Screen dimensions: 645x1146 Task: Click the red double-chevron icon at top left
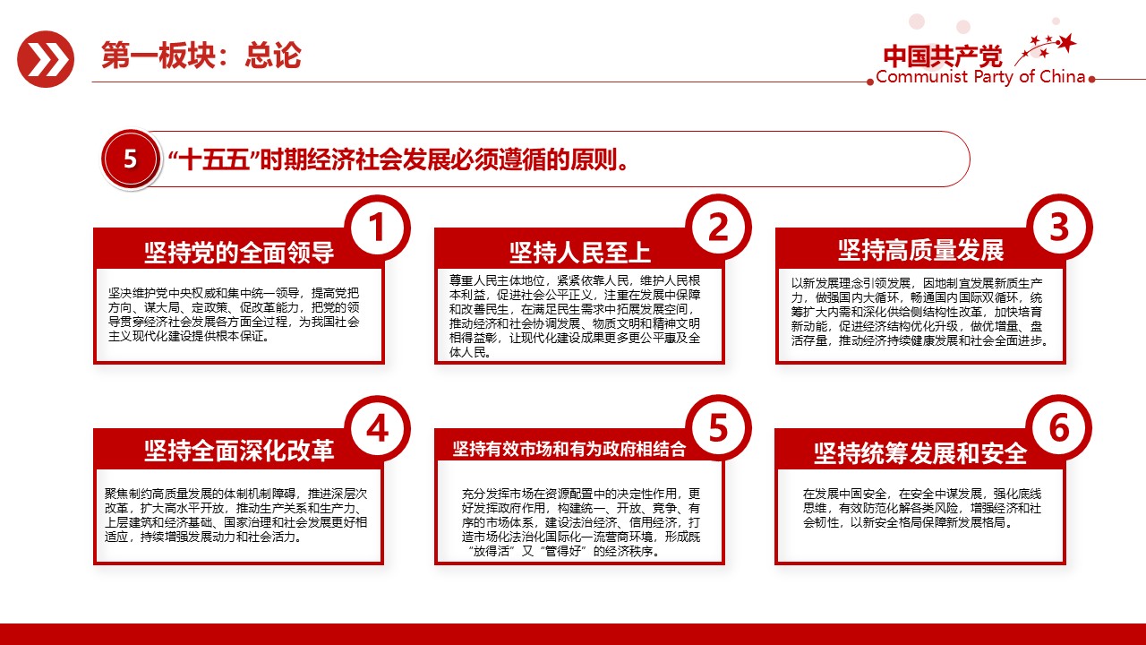coord(46,59)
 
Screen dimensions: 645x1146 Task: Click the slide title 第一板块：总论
coord(201,56)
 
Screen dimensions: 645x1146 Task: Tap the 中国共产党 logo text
coord(943,56)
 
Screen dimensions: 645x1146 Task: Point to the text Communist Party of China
coord(980,77)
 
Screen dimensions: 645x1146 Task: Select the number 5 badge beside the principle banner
coord(131,159)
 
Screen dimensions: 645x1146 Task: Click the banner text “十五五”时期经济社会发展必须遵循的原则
coord(397,160)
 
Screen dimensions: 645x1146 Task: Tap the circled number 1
coord(377,228)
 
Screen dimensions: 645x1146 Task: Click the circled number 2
coord(718,228)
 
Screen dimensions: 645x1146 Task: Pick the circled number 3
coord(1058,228)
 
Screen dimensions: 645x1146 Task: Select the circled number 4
coord(377,429)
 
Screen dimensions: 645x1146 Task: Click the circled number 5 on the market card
coord(718,429)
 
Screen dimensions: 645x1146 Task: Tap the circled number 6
coord(1058,429)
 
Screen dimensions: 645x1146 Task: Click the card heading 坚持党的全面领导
coord(239,253)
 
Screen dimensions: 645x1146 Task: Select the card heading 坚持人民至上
coord(579,253)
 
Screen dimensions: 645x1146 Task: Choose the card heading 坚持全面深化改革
coord(239,451)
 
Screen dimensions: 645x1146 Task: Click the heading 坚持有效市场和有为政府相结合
coord(569,449)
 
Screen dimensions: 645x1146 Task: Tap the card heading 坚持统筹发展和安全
coord(920,453)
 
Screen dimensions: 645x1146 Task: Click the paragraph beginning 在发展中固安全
coord(920,507)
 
